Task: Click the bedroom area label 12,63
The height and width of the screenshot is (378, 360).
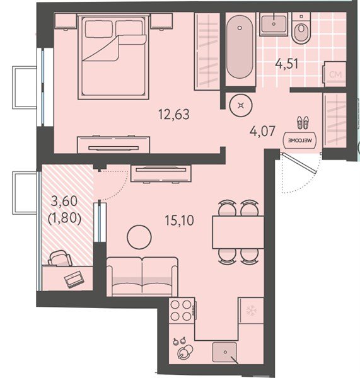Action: [174, 114]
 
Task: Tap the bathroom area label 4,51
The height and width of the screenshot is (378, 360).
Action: [287, 64]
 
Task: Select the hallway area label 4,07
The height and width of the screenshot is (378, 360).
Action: [262, 132]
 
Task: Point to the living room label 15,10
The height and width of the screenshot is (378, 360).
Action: [179, 220]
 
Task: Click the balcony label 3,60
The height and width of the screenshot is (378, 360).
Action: [64, 201]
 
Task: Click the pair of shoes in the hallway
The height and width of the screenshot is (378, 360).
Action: [303, 122]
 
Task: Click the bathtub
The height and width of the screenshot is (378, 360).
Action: [240, 47]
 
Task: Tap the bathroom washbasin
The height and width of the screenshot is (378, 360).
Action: [274, 25]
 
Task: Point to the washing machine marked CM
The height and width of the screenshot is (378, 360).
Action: [335, 74]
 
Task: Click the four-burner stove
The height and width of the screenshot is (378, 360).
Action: [182, 311]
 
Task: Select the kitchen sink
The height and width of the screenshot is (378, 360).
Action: [224, 352]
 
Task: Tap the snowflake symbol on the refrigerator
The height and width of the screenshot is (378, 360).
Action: [251, 311]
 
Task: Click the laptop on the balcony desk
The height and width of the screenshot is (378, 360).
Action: [74, 279]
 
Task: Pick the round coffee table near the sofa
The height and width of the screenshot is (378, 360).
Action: [139, 237]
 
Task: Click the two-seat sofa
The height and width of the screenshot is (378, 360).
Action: [142, 277]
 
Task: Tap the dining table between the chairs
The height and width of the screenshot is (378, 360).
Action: [238, 232]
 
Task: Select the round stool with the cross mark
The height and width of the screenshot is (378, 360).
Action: [241, 105]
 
